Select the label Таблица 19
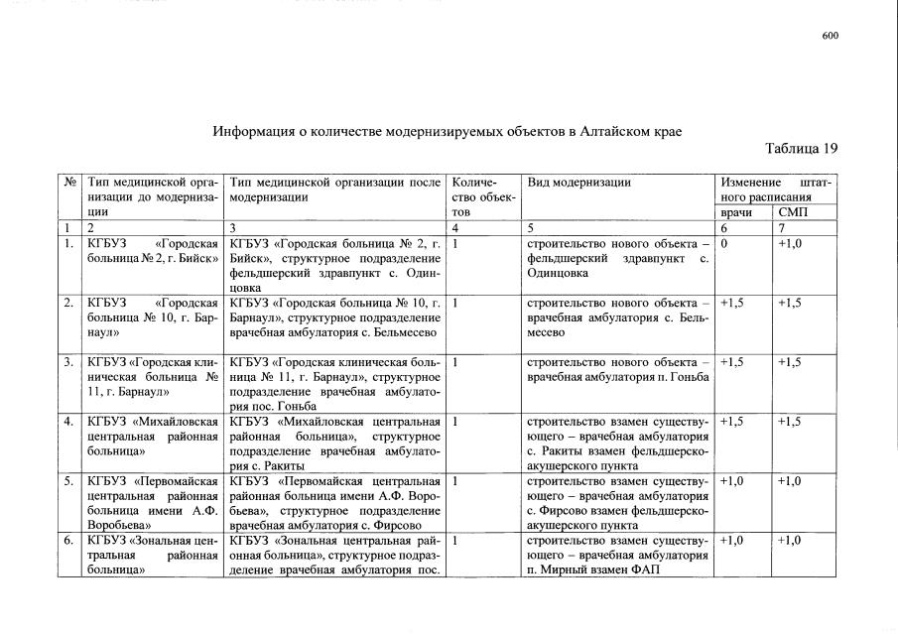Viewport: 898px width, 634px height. (802, 149)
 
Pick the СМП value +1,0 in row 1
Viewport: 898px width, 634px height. (791, 242)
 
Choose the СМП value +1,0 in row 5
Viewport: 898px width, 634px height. (791, 481)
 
